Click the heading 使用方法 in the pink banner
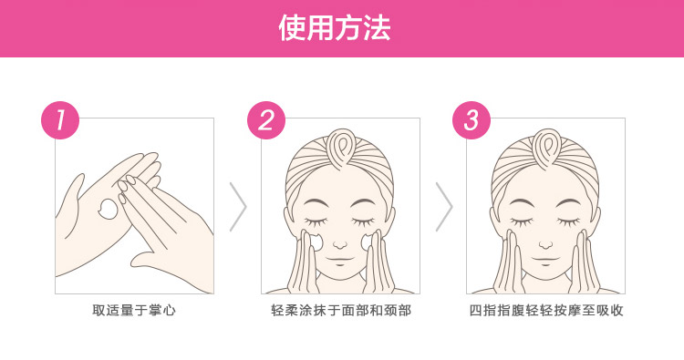click(x=335, y=28)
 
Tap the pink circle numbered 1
click(x=60, y=120)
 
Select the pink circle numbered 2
click(x=266, y=120)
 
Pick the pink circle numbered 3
click(x=472, y=120)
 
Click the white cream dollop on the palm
click(x=108, y=209)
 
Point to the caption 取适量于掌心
click(x=134, y=310)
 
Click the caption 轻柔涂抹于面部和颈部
click(x=341, y=310)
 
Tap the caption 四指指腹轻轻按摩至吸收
click(x=546, y=310)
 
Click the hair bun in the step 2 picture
click(x=342, y=149)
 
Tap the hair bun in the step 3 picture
click(x=547, y=149)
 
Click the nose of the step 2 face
click(x=340, y=244)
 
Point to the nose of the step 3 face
click(x=545, y=244)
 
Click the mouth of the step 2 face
click(x=340, y=260)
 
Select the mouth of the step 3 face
click(x=545, y=260)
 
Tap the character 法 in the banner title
click(x=378, y=28)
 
